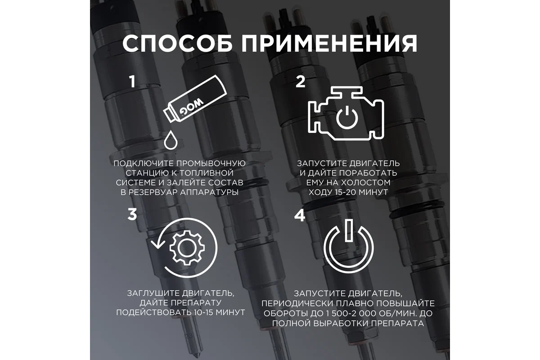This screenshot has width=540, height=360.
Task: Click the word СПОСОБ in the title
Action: pos(177,43)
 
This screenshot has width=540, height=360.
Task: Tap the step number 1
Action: pos(132,81)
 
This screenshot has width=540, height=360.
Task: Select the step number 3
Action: pos(132,214)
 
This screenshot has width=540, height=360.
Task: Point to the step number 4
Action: pos(300,215)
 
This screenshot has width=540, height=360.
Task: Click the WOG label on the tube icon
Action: pos(191,107)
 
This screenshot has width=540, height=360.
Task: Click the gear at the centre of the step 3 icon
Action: pos(187,248)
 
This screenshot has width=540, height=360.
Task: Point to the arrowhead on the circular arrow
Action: pos(158,244)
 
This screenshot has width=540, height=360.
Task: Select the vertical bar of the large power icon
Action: pos(349,230)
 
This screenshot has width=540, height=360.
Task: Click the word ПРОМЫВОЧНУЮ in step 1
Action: pos(211,163)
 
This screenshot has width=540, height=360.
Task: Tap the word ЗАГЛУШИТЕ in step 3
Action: pos(153,293)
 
